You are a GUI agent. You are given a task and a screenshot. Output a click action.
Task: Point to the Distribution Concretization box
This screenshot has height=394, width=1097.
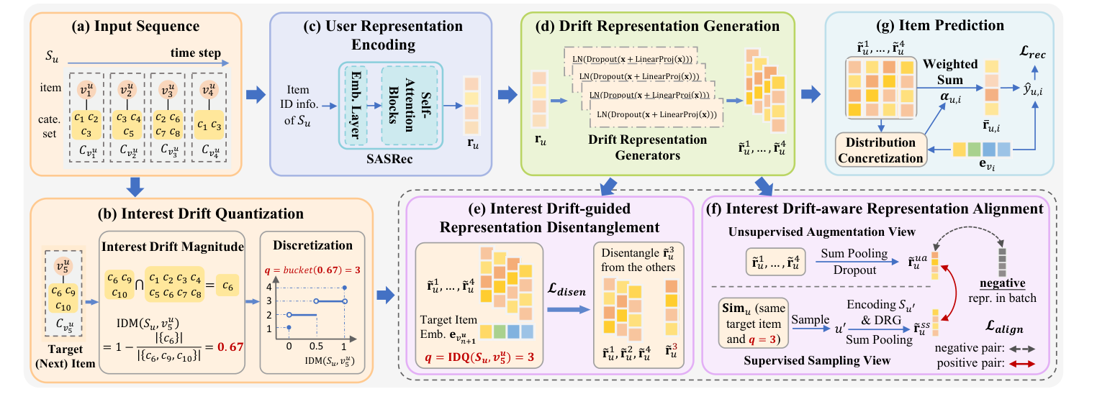click(880, 150)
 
